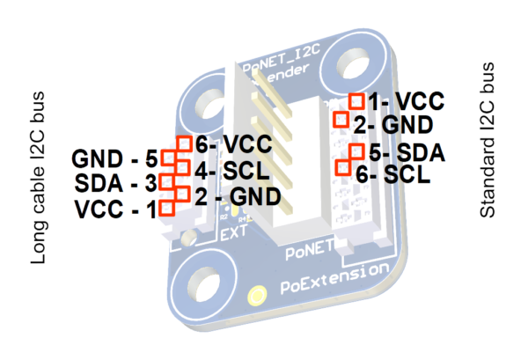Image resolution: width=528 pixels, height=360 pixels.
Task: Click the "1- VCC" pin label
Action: tap(400, 100)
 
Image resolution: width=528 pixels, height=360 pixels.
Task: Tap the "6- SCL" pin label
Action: tap(393, 174)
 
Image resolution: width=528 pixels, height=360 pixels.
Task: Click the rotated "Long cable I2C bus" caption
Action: tap(39, 176)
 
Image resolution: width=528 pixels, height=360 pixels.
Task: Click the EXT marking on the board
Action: tap(231, 235)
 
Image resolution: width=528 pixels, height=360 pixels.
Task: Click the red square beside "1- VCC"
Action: tap(357, 101)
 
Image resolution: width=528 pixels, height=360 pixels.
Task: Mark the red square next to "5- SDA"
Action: tap(356, 151)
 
